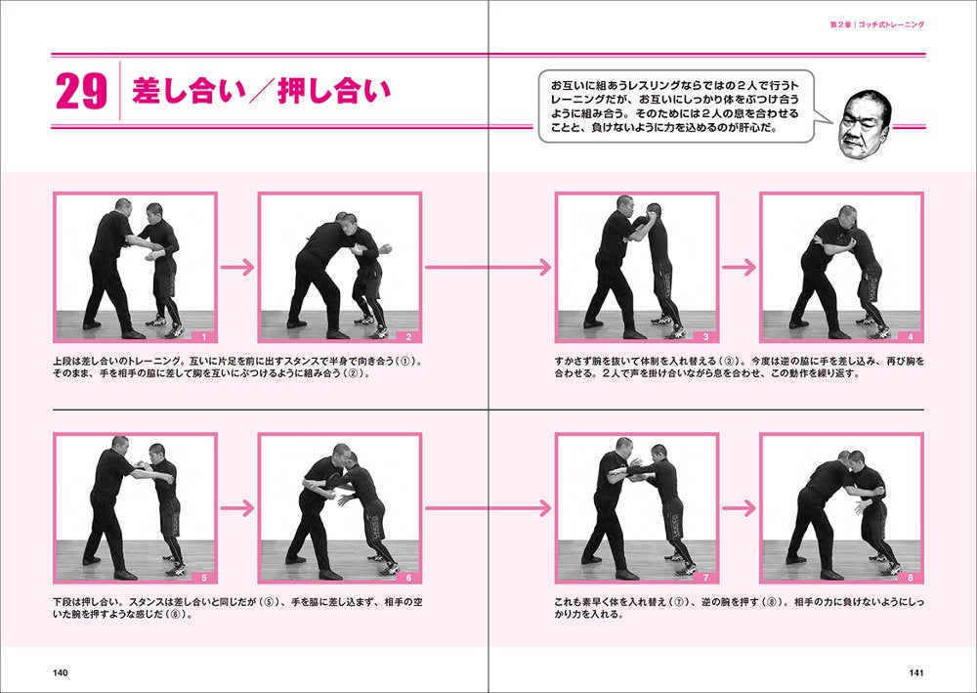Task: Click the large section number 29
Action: coord(81,93)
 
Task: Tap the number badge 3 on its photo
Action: coord(705,336)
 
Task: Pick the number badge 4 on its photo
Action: coord(910,336)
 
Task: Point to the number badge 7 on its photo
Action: coord(705,578)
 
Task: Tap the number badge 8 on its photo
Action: coord(910,578)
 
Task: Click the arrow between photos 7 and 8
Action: coord(739,508)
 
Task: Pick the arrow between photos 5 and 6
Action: coord(236,508)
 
